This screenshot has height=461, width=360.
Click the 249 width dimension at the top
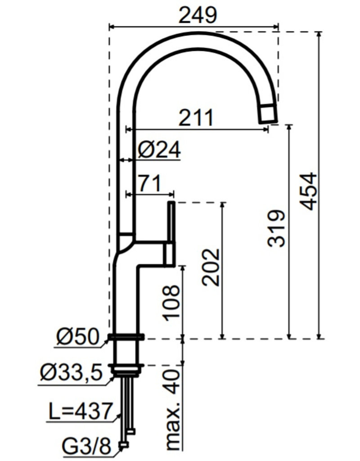tap(198, 15)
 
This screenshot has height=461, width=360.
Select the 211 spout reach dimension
tap(196, 118)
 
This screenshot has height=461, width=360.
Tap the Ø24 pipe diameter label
tap(159, 150)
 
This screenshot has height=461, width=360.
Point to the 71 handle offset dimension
tap(150, 184)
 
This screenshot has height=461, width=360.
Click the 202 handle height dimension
tap(211, 267)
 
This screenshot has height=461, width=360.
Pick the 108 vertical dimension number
tap(171, 303)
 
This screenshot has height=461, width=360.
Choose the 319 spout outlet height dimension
tap(276, 228)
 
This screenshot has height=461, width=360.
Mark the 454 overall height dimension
tap(309, 191)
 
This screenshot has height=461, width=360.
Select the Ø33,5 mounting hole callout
tap(72, 372)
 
